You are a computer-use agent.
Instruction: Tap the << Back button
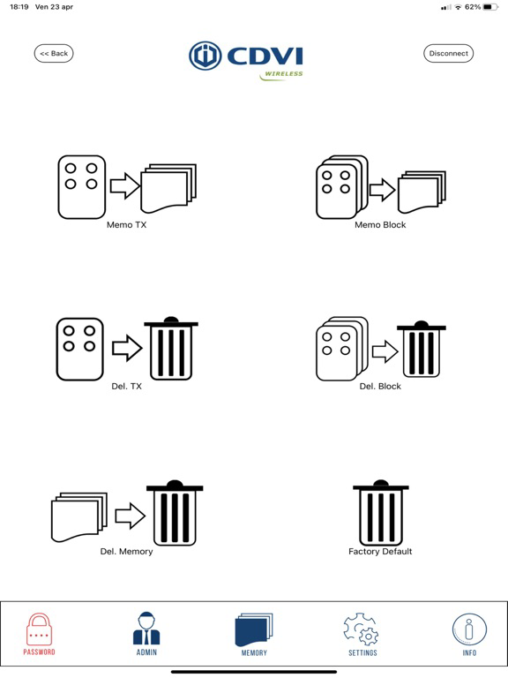[54, 53]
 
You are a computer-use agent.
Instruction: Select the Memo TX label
[127, 225]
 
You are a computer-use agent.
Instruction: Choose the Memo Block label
[380, 225]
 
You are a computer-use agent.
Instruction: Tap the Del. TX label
[127, 386]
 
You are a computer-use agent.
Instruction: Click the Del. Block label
[380, 386]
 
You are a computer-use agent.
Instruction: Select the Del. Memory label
[127, 551]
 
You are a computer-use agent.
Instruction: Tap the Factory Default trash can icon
[381, 513]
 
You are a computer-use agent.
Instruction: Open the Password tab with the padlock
[39, 635]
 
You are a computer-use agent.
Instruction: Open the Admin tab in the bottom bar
[146, 635]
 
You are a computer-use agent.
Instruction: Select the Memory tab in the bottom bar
[254, 635]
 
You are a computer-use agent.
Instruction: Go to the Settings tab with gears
[362, 635]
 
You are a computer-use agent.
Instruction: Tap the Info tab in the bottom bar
[469, 635]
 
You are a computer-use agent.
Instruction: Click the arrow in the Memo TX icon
[125, 186]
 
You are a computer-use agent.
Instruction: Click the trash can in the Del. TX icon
[171, 349]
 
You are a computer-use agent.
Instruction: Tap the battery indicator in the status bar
[490, 7]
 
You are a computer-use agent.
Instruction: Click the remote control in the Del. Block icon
[341, 349]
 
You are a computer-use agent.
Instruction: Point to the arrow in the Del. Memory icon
[130, 516]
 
